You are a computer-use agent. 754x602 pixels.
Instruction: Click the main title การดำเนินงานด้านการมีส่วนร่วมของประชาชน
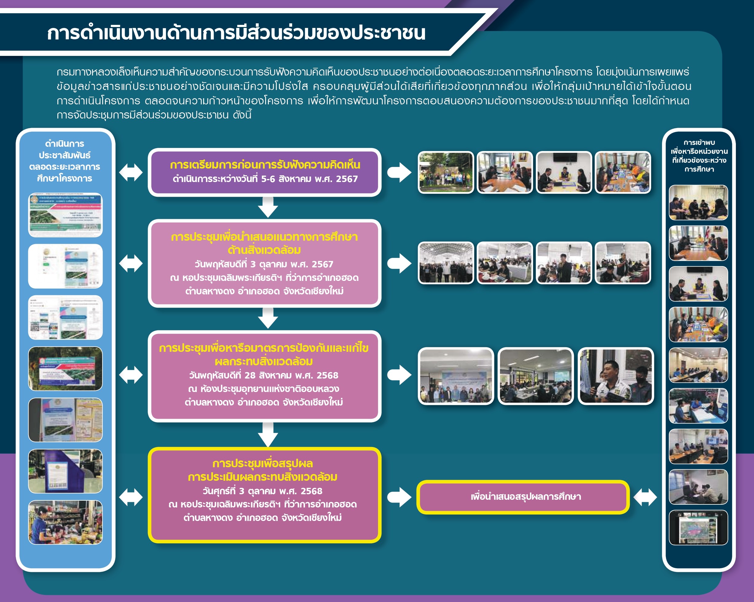pos(236,33)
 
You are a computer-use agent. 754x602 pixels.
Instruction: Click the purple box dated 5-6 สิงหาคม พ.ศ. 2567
pos(265,172)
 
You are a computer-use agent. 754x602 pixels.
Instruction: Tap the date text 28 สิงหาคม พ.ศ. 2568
pos(291,375)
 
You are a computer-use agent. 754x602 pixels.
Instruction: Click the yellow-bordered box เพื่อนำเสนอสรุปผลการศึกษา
pos(523,497)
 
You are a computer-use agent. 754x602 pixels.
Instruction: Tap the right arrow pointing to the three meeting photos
pos(399,375)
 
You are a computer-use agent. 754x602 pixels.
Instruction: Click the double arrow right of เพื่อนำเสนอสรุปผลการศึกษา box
pos(645,497)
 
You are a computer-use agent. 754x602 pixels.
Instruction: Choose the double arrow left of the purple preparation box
pos(131,173)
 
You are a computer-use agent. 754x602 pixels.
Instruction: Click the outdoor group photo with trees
pos(446,172)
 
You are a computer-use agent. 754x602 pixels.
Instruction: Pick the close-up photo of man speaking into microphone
pos(616,376)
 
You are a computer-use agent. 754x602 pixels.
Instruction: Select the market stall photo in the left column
pos(65,522)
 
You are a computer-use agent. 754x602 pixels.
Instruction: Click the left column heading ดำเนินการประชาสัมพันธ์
pos(65,161)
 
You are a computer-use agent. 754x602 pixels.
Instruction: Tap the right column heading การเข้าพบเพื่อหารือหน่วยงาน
pos(699,156)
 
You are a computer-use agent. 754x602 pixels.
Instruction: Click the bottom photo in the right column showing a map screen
pos(698,527)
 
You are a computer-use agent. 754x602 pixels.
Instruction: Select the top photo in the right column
pos(698,203)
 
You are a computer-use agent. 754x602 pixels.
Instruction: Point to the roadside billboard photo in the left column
pos(65,369)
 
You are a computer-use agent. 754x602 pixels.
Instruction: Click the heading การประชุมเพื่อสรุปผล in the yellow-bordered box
pos(263,464)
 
